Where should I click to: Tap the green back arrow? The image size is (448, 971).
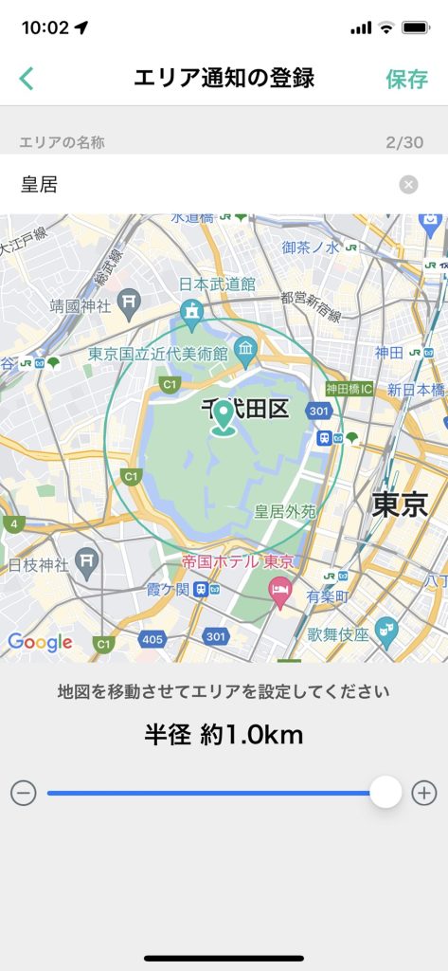pos(27,79)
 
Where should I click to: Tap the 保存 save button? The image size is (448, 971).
pos(407,79)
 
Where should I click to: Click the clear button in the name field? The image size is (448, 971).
pos(408,185)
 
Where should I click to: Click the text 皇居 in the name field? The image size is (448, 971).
pos(40,185)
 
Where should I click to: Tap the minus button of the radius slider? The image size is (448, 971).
pos(24,793)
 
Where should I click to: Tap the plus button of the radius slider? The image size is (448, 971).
pos(424,793)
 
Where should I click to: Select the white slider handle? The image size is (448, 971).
pos(385,792)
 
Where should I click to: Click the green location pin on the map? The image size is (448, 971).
pos(224,418)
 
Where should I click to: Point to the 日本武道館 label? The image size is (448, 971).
pos(217,284)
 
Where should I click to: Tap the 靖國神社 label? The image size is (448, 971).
pos(81,305)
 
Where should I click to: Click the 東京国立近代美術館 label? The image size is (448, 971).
pos(158,353)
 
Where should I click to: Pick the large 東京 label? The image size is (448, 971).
pos(400,504)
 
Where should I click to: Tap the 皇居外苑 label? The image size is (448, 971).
pos(285,511)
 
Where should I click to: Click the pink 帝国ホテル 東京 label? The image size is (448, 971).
pos(241,561)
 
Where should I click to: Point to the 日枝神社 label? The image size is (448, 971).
pos(39,565)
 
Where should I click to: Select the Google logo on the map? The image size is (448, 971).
pos(41,642)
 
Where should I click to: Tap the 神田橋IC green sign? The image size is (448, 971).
pos(349,389)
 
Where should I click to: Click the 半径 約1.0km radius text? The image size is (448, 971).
pos(224,734)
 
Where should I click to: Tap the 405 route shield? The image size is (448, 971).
pos(152,639)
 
